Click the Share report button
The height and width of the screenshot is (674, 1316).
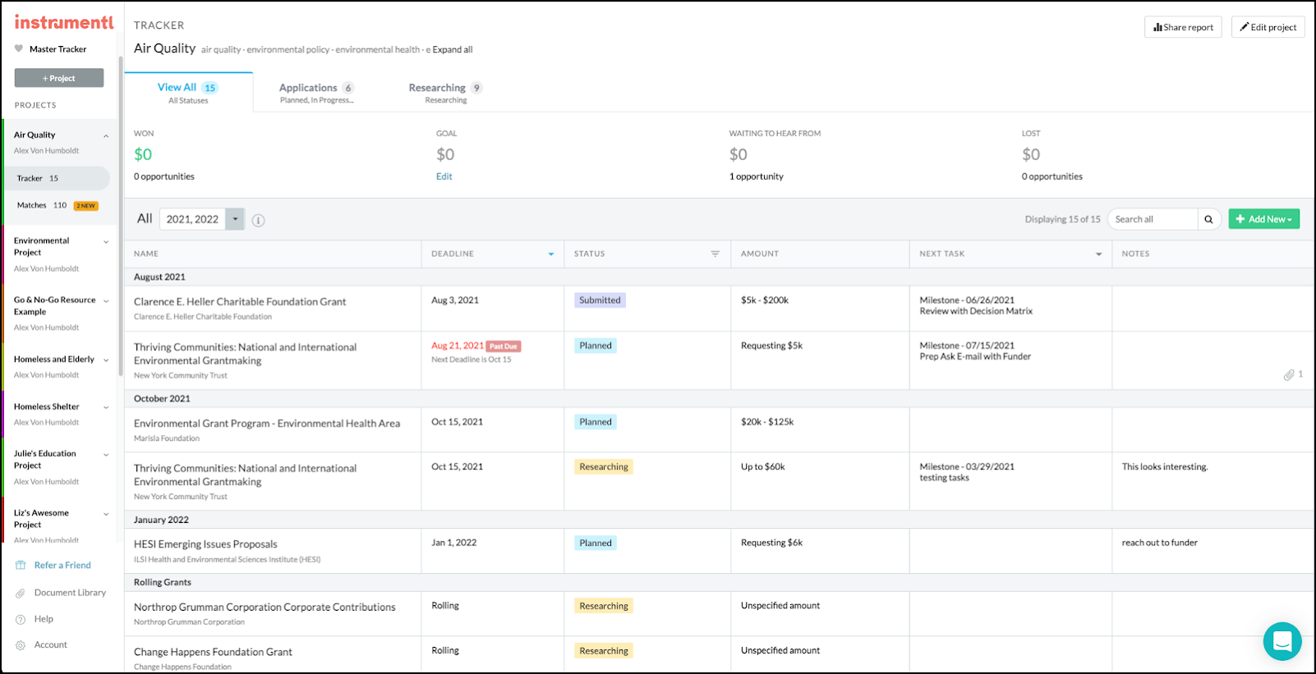pyautogui.click(x=1183, y=27)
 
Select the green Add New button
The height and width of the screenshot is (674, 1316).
pyautogui.click(x=1263, y=219)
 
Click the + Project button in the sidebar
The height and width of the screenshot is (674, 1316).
pyautogui.click(x=59, y=78)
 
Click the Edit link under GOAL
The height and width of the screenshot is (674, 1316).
pyautogui.click(x=444, y=177)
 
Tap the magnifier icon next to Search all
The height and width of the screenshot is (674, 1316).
pyautogui.click(x=1208, y=219)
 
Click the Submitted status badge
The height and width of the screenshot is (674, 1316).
pyautogui.click(x=600, y=300)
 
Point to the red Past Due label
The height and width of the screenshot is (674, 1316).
pyautogui.click(x=503, y=346)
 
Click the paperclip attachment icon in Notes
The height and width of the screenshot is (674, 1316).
pyautogui.click(x=1289, y=375)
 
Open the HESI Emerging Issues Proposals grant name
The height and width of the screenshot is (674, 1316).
pyautogui.click(x=205, y=544)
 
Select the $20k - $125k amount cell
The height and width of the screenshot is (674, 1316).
pyautogui.click(x=767, y=422)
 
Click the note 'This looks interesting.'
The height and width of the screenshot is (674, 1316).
pyautogui.click(x=1164, y=467)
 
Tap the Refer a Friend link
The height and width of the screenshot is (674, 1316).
pyautogui.click(x=62, y=566)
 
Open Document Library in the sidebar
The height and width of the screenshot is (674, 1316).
pyautogui.click(x=70, y=593)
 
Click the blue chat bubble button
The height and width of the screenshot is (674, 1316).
pyautogui.click(x=1281, y=641)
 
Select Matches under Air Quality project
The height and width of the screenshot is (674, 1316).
pyautogui.click(x=32, y=205)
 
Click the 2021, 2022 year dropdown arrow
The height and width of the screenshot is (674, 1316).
pyautogui.click(x=236, y=219)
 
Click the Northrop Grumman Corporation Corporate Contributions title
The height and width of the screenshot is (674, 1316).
pyautogui.click(x=265, y=608)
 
